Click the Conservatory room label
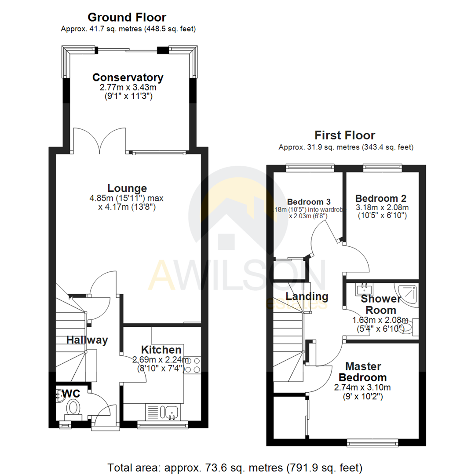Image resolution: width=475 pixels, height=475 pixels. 128,77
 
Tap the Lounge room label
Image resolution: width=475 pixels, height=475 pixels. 128,189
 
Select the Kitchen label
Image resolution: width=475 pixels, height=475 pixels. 161,350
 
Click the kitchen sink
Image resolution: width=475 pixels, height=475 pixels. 172,412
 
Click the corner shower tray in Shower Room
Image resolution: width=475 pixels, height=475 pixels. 408,293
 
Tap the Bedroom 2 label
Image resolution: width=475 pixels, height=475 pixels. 381,198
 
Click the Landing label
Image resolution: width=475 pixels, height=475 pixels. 307,296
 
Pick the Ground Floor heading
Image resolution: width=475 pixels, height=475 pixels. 127,18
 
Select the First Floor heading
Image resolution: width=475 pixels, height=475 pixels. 345,135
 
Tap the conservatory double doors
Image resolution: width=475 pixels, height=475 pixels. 100,139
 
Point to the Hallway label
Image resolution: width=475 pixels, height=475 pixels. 87,340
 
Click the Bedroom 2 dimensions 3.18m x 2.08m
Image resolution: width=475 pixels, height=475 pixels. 382,208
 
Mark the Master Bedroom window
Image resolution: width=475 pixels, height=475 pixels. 373,442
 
